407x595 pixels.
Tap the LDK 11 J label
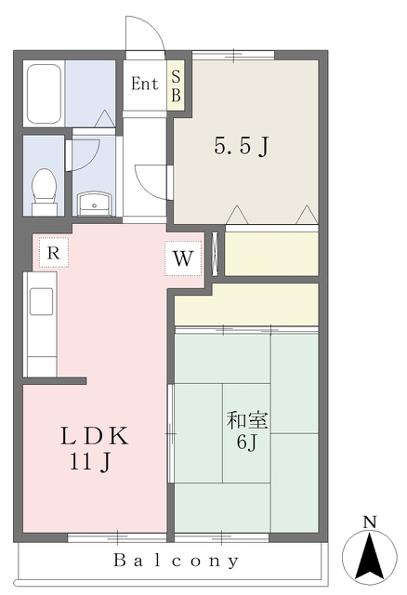pyautogui.click(x=94, y=446)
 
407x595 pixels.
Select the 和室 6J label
pyautogui.click(x=247, y=430)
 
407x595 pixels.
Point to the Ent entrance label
pyautogui.click(x=144, y=84)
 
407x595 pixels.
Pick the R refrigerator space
pyautogui.click(x=54, y=252)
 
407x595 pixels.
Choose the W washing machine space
pyautogui.click(x=183, y=259)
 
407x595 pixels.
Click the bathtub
pyautogui.click(x=43, y=95)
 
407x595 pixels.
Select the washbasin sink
pyautogui.click(x=93, y=202)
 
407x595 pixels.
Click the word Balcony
pyautogui.click(x=177, y=561)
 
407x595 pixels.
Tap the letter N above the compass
pyautogui.click(x=369, y=522)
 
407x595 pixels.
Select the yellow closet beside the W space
pyautogui.click(x=271, y=254)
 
